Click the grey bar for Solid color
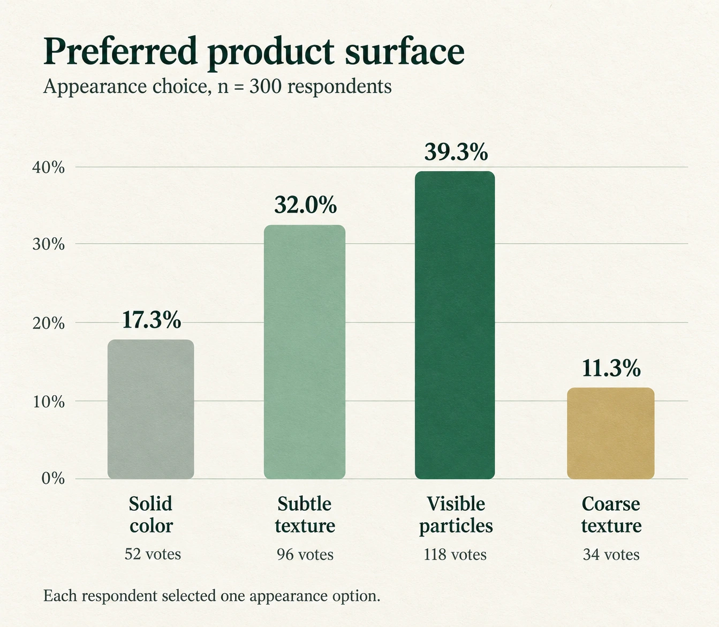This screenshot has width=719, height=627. (x=151, y=409)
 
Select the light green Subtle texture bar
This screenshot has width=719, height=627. (x=305, y=352)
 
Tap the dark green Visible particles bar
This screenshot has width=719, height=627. (x=455, y=325)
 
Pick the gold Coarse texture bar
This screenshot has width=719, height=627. (x=611, y=433)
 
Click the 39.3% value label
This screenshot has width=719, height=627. (x=456, y=152)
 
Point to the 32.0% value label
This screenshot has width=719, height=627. (x=305, y=205)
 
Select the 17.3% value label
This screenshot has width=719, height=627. (x=152, y=320)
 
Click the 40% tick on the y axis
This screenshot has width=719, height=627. (x=49, y=168)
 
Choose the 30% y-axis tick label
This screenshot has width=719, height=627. (x=49, y=244)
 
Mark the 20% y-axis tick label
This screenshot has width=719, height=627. (x=49, y=323)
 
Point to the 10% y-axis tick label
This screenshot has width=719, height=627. (x=49, y=402)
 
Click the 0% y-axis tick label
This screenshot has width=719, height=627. (x=53, y=479)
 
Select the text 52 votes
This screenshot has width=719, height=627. (x=153, y=554)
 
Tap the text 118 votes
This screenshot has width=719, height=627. (x=455, y=555)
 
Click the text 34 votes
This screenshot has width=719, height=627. (x=611, y=555)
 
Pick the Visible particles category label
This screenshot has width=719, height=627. (x=456, y=515)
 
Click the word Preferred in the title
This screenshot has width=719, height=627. (x=120, y=51)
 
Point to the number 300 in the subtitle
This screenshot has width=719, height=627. (x=266, y=86)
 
